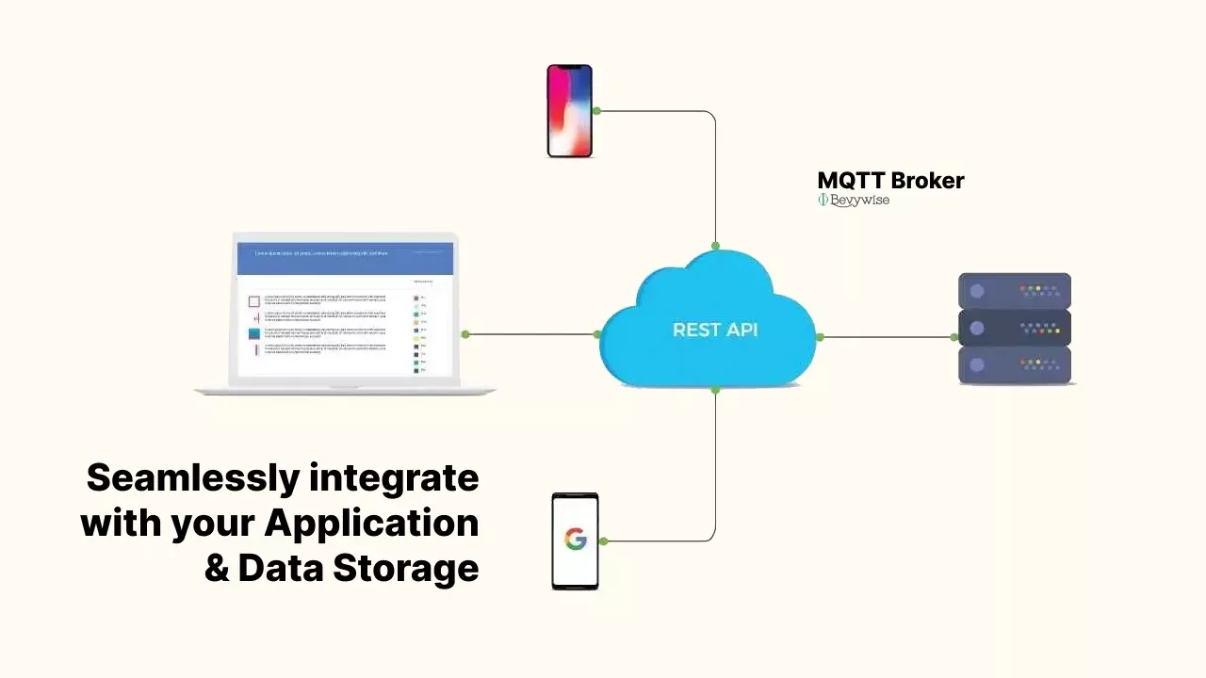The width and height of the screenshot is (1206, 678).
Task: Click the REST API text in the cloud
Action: pos(715,330)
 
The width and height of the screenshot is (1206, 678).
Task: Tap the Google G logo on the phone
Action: pos(575,540)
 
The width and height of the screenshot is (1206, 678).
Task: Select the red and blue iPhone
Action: pos(570,110)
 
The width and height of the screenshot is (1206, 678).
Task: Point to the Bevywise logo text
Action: pos(858,200)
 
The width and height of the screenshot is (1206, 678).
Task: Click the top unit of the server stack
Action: pos(1015,291)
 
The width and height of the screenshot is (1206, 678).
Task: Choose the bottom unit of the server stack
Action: pos(1015,364)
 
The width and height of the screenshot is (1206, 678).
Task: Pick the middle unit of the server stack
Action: pos(1015,328)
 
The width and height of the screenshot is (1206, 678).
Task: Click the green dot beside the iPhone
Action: pos(596,111)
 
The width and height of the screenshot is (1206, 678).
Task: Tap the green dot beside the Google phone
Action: pos(603,541)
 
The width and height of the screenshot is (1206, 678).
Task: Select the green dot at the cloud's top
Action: pos(715,247)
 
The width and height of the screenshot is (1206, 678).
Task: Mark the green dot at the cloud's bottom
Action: pos(715,389)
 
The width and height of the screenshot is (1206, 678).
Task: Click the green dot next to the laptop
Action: pos(465,334)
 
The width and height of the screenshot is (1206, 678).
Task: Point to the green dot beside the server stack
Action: pos(954,337)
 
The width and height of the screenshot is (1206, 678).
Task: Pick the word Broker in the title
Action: pos(927,180)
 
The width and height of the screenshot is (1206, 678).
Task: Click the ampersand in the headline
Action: pos(217,568)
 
